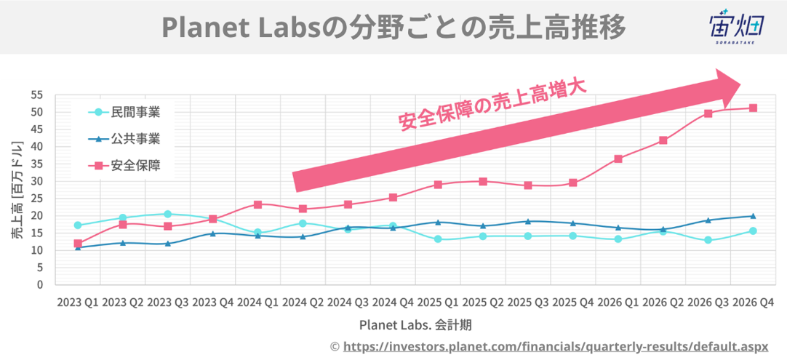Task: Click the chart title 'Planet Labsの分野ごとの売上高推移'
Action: tap(393, 28)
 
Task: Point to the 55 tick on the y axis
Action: tap(37, 95)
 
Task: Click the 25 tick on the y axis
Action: tap(37, 199)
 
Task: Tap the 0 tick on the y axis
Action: tap(40, 285)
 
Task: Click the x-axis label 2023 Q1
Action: tap(78, 301)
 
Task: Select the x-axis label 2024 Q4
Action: tap(393, 301)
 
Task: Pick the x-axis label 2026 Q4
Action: tap(753, 301)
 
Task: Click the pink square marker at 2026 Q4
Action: tap(753, 108)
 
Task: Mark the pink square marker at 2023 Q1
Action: tap(78, 244)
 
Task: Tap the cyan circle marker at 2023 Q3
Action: tap(168, 214)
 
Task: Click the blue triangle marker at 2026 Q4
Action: tap(753, 216)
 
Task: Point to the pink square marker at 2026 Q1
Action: tap(618, 159)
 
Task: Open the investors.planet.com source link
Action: tap(555, 347)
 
